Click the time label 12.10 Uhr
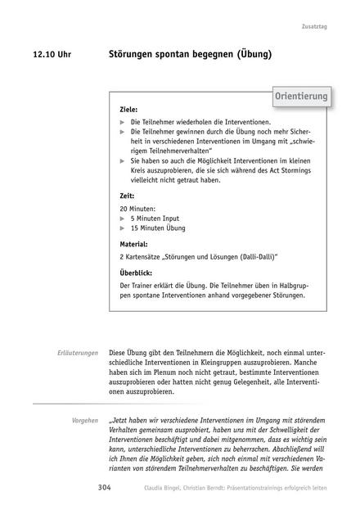coord(51,55)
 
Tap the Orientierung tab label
coord(300,97)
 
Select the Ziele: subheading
coord(128,109)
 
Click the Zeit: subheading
coord(126,197)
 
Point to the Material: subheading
coord(133,244)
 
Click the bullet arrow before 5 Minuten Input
coord(123,219)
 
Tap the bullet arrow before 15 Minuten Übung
coord(123,229)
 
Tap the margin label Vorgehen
coord(84,421)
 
